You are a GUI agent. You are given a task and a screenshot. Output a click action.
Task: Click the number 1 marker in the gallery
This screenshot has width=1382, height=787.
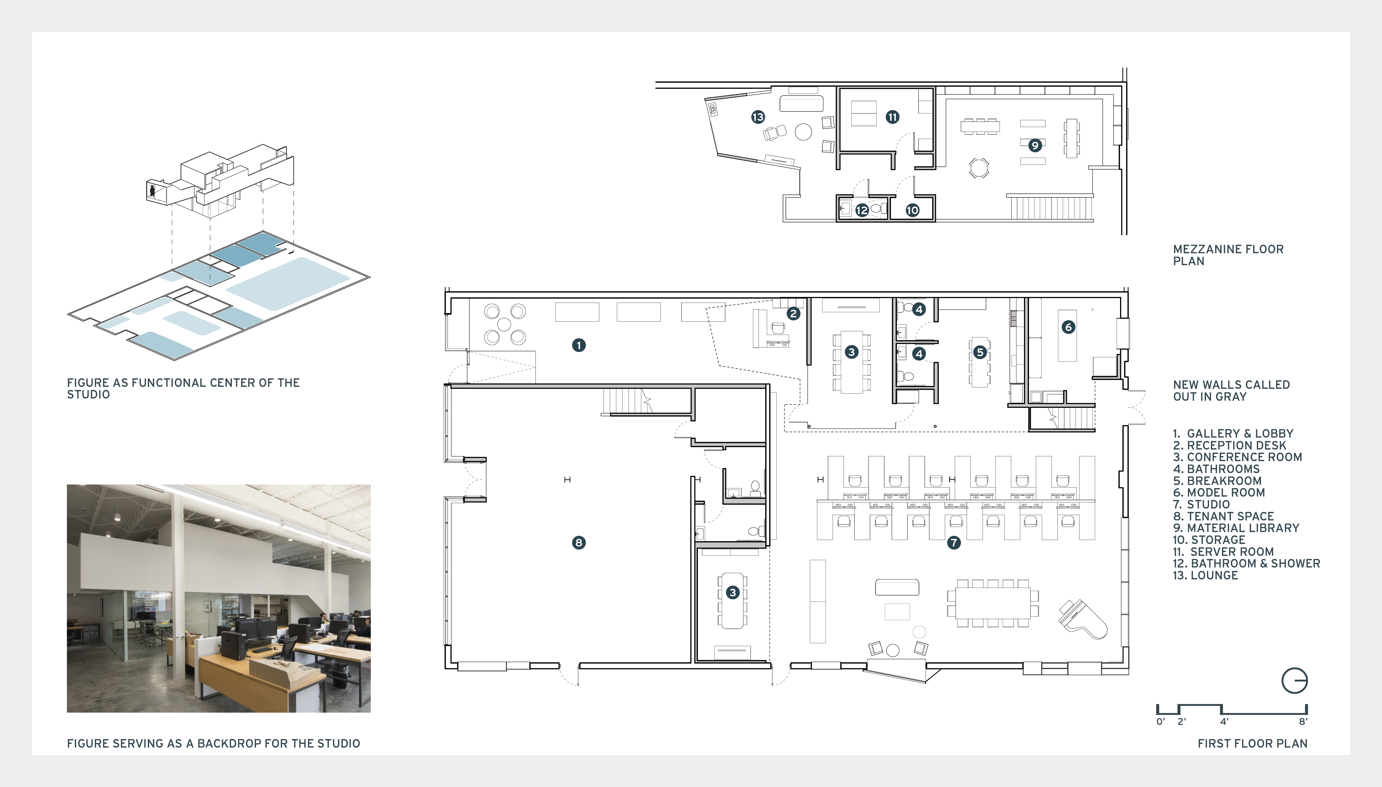579,345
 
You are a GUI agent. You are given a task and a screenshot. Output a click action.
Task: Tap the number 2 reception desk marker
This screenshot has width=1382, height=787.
793,313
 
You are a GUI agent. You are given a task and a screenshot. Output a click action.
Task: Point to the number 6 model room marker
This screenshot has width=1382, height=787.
1068,326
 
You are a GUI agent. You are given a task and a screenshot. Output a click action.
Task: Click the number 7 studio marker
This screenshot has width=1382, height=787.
954,542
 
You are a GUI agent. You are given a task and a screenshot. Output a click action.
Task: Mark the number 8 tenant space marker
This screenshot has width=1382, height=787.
579,542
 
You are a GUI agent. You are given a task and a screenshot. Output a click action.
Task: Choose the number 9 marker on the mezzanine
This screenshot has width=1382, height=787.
1035,145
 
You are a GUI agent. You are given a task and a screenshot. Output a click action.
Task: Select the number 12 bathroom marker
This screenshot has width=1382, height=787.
862,210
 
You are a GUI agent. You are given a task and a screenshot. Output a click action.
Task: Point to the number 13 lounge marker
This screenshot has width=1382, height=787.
758,117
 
